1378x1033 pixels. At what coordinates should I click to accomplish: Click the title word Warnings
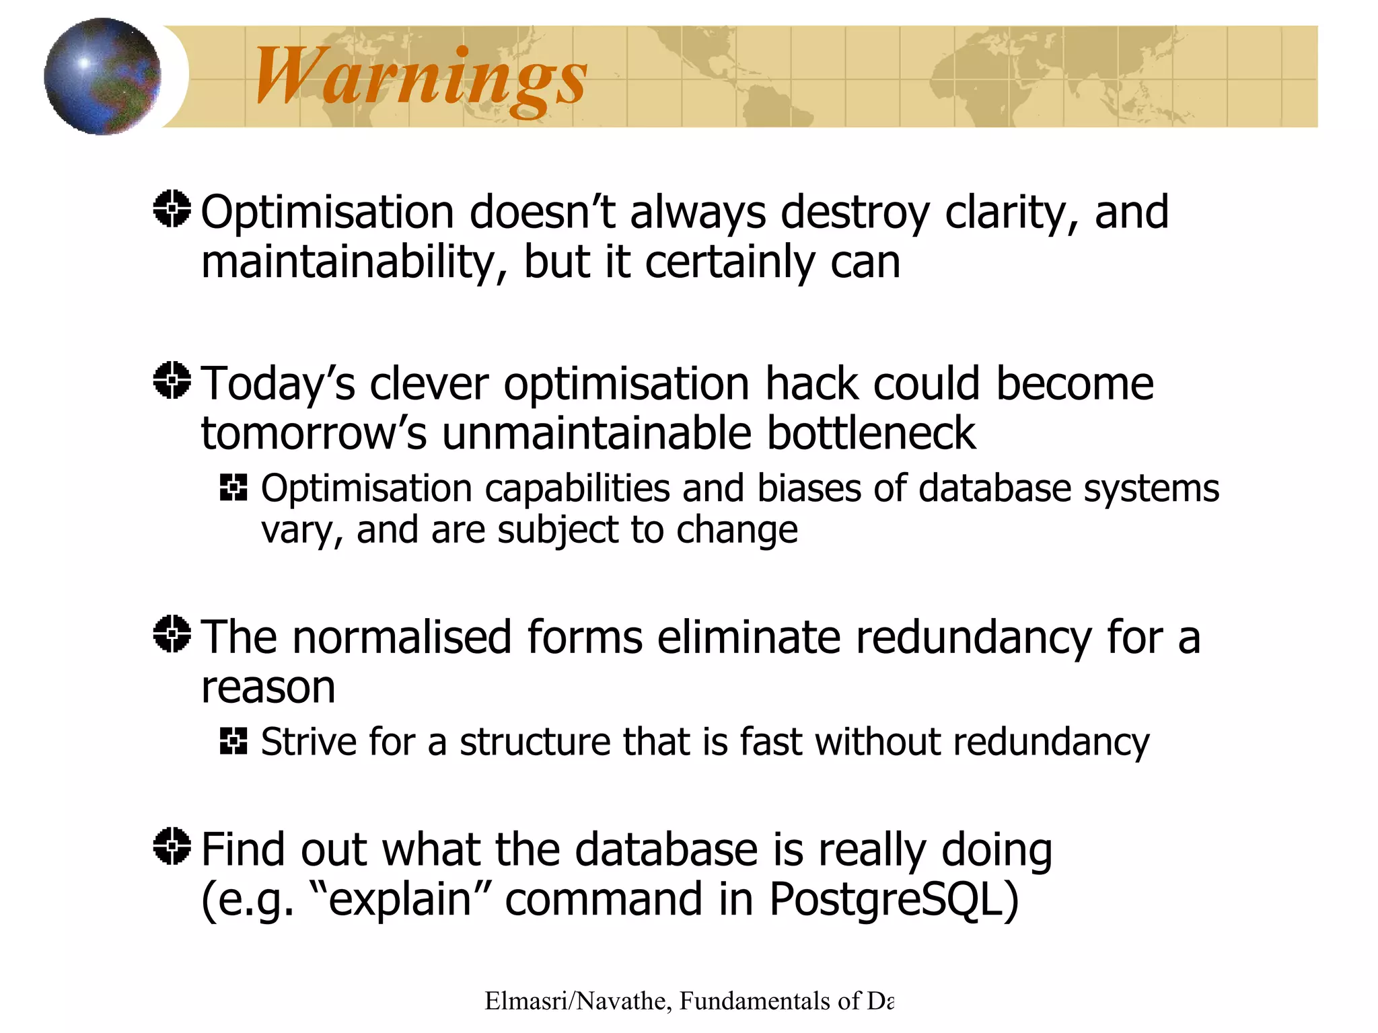(421, 77)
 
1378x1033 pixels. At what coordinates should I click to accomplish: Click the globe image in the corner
(102, 76)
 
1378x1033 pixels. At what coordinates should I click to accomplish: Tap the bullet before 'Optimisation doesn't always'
(172, 209)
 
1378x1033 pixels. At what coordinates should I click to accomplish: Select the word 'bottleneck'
(871, 433)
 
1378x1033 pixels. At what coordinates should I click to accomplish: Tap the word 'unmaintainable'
(596, 433)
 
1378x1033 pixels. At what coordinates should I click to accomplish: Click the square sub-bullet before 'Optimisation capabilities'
(233, 487)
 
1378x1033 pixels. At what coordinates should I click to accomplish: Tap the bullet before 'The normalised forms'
(172, 634)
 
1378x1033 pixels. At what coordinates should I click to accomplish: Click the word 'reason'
(268, 687)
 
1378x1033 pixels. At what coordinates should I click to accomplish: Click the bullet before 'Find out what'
(172, 846)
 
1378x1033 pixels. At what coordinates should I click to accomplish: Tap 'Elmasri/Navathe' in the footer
(575, 1001)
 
